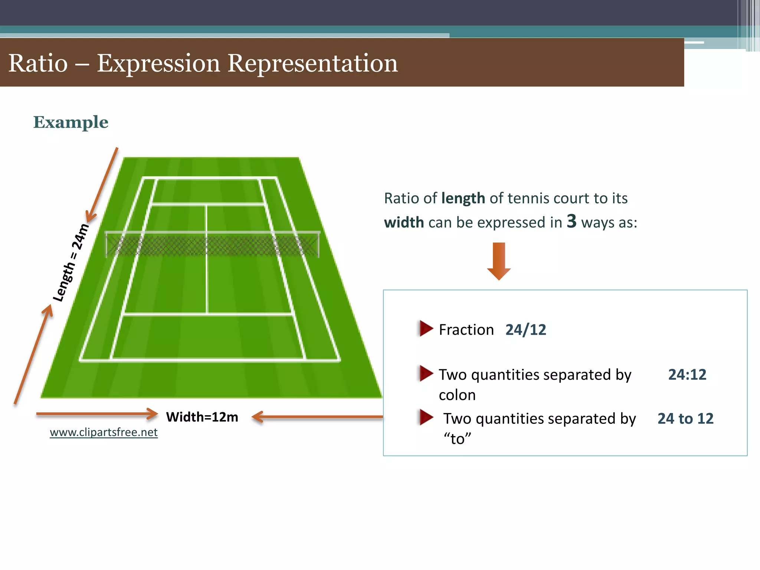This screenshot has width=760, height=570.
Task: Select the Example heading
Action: click(71, 122)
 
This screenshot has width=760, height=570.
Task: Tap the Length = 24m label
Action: click(71, 263)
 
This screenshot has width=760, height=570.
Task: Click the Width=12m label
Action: click(202, 417)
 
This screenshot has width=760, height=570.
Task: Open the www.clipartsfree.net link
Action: click(104, 432)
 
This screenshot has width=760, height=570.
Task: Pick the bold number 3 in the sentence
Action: click(571, 221)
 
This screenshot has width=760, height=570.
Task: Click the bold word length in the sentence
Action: click(463, 199)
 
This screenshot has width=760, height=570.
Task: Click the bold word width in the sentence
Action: click(404, 223)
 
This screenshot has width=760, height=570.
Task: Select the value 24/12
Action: click(525, 330)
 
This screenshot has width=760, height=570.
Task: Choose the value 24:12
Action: click(687, 375)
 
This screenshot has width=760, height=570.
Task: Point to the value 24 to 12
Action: click(685, 419)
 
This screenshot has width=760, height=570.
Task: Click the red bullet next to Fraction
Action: click(426, 328)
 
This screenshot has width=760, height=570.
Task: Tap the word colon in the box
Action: click(457, 395)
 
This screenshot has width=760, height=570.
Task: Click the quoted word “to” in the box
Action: click(457, 439)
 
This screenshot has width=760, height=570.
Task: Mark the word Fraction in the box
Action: click(466, 330)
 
